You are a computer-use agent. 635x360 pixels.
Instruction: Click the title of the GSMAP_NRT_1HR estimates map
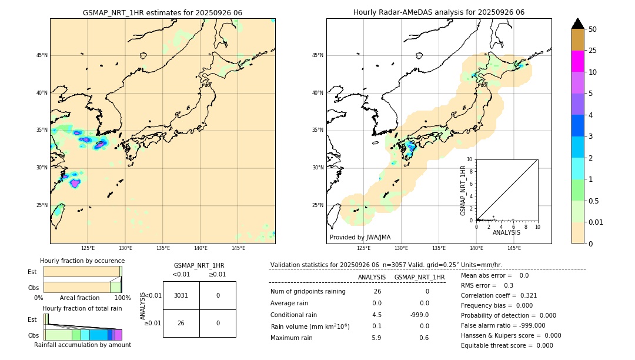click(x=162, y=12)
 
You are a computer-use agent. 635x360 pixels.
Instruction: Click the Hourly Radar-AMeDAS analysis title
click(x=439, y=12)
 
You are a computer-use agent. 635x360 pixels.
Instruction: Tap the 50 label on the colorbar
click(x=593, y=29)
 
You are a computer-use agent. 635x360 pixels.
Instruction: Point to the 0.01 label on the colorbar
click(x=595, y=222)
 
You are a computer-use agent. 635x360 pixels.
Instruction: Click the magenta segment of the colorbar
click(x=577, y=61)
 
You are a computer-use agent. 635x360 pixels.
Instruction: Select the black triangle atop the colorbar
click(x=577, y=24)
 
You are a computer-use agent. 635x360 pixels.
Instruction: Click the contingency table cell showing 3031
click(x=181, y=295)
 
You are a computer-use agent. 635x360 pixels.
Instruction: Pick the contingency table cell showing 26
click(x=181, y=323)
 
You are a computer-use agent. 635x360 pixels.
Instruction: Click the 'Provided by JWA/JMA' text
click(x=360, y=237)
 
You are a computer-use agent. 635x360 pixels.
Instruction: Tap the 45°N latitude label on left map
click(x=42, y=55)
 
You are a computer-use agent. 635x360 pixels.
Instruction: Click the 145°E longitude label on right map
click(x=514, y=248)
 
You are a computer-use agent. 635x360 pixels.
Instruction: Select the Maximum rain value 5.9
click(x=376, y=338)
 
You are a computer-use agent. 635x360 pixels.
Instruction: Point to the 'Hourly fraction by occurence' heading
click(x=82, y=261)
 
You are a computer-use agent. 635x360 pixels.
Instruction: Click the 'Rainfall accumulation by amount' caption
click(x=86, y=345)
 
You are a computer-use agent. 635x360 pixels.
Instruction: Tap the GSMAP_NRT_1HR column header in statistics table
click(x=419, y=277)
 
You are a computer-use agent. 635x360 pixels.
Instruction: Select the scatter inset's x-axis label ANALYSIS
click(x=506, y=232)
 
